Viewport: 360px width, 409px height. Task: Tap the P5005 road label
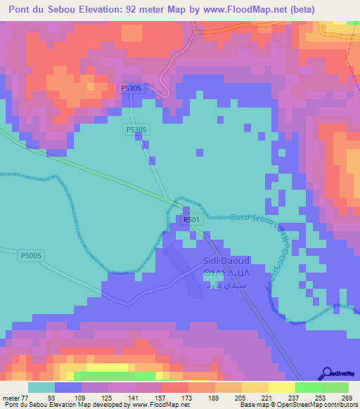coord(32,256)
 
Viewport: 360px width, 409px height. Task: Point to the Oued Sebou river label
coord(252,220)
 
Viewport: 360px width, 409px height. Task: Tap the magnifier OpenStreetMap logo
coord(327,372)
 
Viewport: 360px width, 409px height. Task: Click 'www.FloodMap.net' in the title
coord(233,10)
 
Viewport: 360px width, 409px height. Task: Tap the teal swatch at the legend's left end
coord(41,387)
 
